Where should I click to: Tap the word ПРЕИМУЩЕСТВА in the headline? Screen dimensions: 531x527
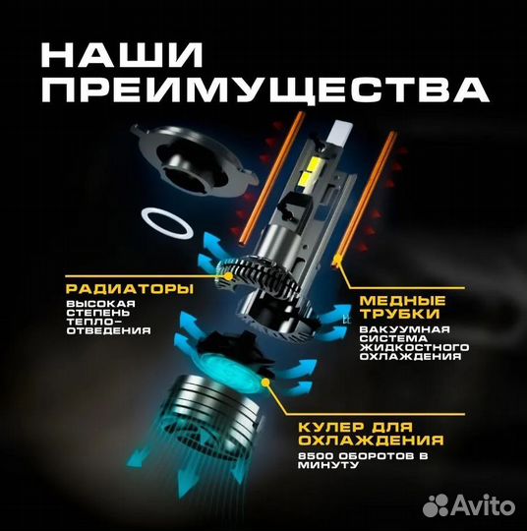coord(254,90)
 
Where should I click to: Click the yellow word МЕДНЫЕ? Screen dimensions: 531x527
coord(401,300)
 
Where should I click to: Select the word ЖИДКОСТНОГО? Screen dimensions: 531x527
coord(412,347)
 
